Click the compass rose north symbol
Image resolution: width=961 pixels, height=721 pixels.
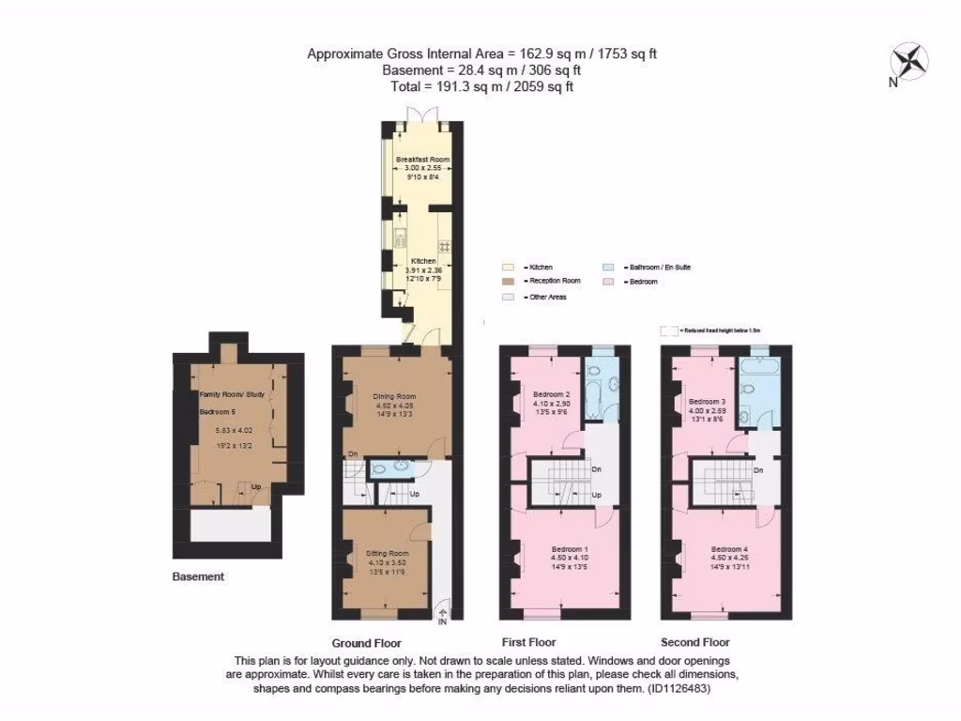908,63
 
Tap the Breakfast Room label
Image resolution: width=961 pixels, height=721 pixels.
422,160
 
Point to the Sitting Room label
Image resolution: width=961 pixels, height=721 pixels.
388,554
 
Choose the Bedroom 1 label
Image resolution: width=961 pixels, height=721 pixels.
569,548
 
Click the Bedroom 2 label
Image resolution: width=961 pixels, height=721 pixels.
552,394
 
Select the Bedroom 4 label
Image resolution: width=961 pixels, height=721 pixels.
729,548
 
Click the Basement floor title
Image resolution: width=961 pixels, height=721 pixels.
198,576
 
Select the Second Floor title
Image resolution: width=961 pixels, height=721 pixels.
694,642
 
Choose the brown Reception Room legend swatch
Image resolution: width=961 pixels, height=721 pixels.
508,282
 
